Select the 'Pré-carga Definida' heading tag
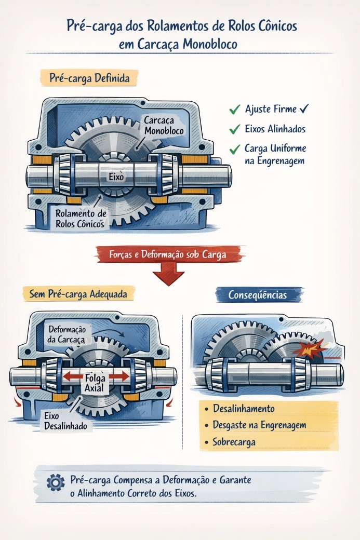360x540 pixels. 89,78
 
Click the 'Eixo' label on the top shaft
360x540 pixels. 116,177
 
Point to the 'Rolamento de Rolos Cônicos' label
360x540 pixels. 81,219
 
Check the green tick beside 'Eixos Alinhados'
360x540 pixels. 234,128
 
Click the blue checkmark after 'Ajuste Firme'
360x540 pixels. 305,109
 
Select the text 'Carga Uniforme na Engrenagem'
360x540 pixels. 275,154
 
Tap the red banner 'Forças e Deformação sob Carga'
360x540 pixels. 169,254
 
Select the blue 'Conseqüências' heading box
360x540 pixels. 258,294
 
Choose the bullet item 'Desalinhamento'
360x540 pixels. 243,409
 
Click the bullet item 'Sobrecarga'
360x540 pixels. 234,442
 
